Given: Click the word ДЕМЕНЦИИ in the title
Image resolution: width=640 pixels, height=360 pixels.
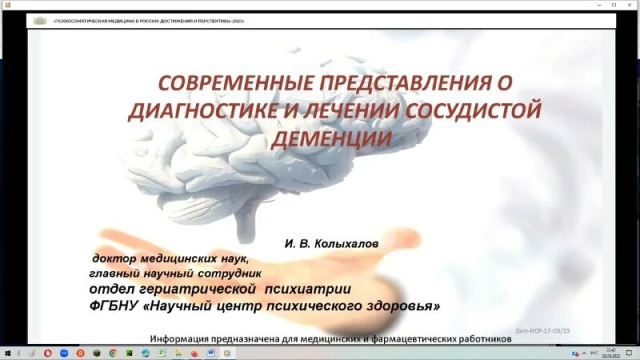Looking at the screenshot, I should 334,138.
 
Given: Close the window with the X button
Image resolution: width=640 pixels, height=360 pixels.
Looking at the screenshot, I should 630,5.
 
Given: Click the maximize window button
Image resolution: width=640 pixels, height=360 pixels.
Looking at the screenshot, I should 614,5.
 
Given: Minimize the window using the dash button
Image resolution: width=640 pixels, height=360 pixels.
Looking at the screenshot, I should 598,5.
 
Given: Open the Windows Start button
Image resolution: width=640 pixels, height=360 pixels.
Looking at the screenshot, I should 6,352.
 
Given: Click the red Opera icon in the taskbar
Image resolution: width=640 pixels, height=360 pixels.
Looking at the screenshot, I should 48,352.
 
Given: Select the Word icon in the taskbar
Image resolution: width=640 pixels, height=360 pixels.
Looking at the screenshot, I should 211,352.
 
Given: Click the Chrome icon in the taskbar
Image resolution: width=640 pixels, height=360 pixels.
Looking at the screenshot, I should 113,352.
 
